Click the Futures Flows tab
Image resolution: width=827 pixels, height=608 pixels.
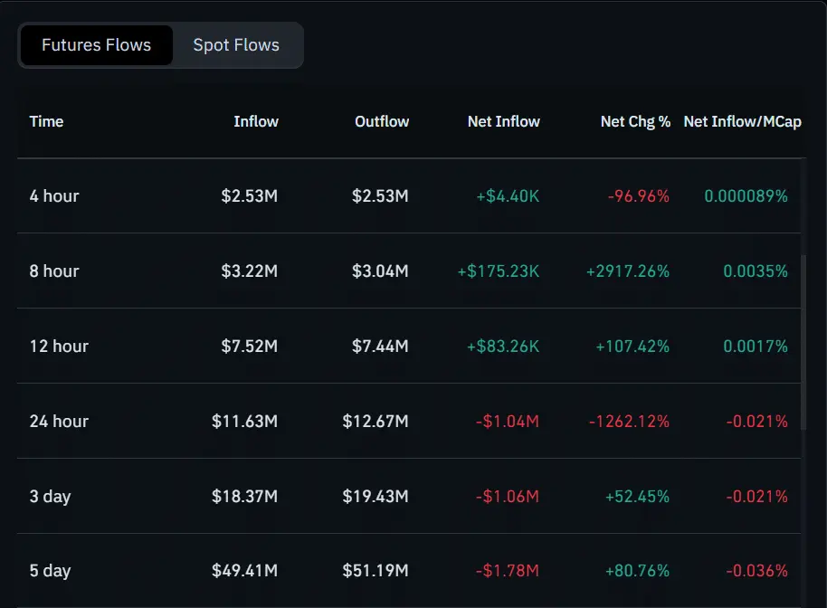coord(96,45)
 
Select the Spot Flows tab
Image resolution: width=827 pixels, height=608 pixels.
coord(236,45)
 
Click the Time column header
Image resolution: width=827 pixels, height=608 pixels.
coord(46,121)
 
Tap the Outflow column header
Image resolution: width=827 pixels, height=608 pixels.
coord(382,121)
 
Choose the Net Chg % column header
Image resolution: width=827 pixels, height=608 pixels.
coord(635,121)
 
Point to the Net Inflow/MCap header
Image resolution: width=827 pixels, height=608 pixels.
coord(742,121)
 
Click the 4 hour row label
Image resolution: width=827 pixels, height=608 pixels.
coord(54,195)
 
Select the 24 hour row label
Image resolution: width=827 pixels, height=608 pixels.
coord(59,421)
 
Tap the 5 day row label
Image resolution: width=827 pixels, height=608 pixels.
coord(50,571)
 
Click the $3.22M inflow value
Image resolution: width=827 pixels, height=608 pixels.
coord(249,271)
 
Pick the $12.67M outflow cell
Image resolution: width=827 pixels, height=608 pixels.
coord(375,421)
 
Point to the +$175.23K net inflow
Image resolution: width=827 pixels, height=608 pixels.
coord(498,271)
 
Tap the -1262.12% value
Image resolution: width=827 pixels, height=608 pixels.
coord(629,421)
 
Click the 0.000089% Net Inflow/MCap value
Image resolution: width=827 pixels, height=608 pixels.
coord(746,195)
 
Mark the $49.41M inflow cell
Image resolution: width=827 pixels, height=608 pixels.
coord(244,571)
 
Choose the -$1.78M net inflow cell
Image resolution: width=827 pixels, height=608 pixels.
coord(507,571)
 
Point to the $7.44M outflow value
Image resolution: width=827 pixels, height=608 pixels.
coord(380,346)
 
